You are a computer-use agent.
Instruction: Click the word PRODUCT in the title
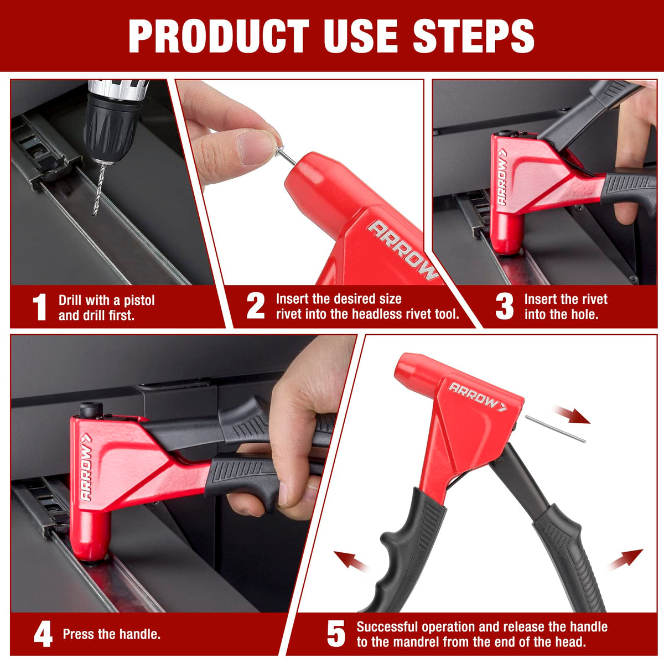point(219,36)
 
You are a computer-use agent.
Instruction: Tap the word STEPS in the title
point(474,36)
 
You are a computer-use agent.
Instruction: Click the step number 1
point(40,307)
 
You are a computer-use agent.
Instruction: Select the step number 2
point(255,306)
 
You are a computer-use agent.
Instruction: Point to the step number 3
point(505,306)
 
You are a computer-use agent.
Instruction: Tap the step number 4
point(43,634)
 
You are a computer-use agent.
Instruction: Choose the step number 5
point(336,634)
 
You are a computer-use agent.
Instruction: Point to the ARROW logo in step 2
point(403,249)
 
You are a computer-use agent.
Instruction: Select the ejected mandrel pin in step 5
point(555,429)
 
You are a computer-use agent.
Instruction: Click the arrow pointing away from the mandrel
point(572,414)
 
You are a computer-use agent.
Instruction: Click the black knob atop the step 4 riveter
point(91,409)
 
